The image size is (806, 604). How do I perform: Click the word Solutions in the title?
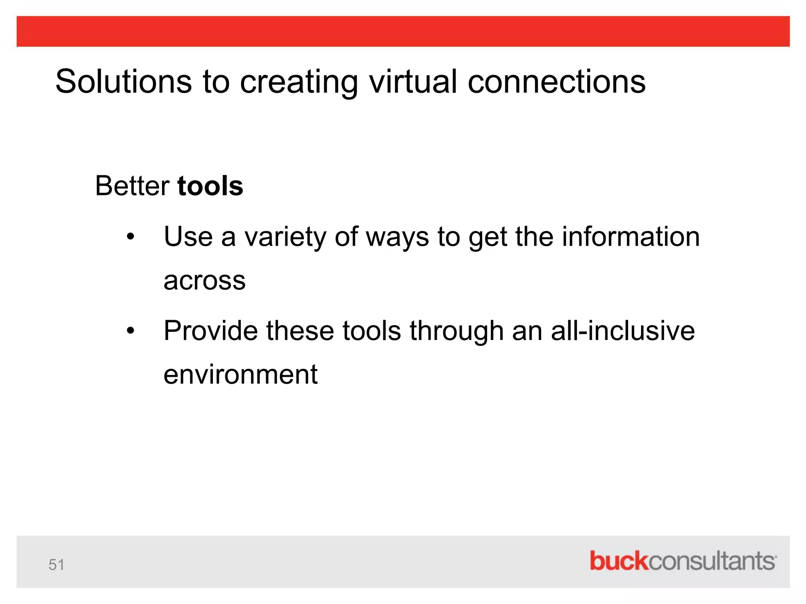click(124, 81)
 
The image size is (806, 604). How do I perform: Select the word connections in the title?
click(556, 81)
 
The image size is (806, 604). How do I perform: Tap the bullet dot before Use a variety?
click(131, 237)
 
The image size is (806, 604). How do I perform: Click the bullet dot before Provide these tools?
click(131, 331)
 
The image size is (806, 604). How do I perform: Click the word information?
click(631, 237)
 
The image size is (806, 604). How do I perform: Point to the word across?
click(205, 281)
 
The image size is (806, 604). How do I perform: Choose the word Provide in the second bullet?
click(211, 331)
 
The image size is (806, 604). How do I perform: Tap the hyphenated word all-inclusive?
click(623, 331)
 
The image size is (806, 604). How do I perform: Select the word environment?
click(240, 375)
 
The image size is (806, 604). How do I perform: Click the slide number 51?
click(56, 565)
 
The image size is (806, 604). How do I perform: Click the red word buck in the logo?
click(618, 561)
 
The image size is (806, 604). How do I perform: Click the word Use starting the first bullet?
click(188, 237)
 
